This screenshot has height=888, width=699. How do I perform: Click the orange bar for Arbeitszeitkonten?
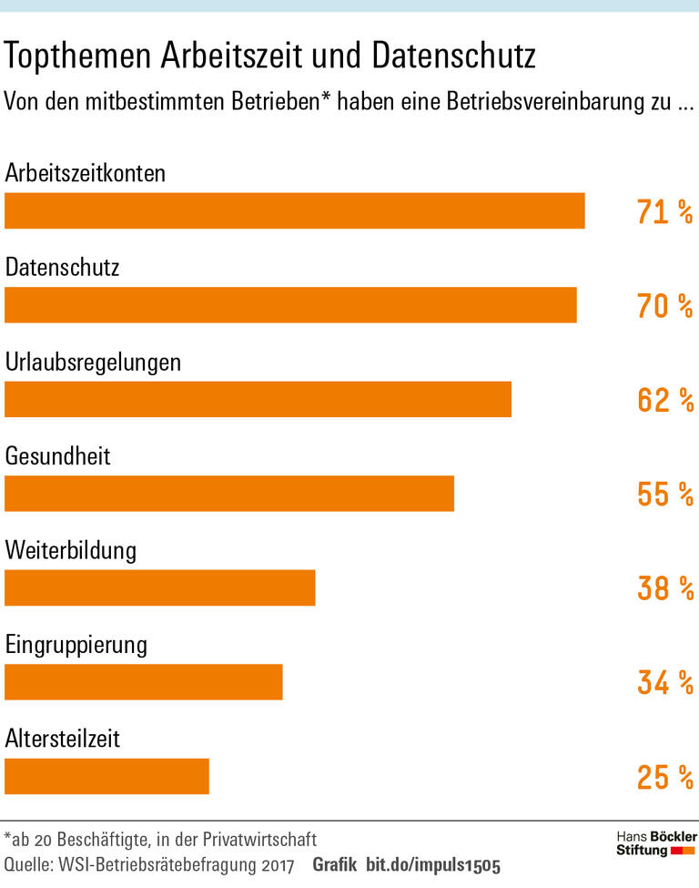click(294, 210)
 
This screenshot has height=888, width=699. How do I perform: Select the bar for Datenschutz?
click(290, 305)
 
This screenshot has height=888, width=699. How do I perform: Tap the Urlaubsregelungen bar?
click(258, 399)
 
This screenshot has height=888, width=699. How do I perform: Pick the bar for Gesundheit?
click(229, 494)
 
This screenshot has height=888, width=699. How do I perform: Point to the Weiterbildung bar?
click(159, 587)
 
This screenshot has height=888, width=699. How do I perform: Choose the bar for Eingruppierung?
click(144, 682)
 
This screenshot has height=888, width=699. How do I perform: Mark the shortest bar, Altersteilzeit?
click(106, 776)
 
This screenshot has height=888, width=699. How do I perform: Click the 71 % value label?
click(664, 212)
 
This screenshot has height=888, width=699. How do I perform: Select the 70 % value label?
click(664, 306)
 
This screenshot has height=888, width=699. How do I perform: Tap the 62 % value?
click(664, 400)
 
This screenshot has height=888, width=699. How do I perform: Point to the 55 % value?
click(664, 495)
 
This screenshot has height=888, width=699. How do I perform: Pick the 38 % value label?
click(664, 588)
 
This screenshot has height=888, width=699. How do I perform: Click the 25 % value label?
click(664, 777)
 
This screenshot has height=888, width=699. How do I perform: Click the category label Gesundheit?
click(57, 454)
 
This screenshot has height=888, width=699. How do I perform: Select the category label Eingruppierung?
click(76, 645)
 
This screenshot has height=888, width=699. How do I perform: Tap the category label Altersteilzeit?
click(63, 737)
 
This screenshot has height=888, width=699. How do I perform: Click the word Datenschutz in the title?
click(453, 57)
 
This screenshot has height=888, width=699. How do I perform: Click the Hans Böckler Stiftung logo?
click(656, 843)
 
